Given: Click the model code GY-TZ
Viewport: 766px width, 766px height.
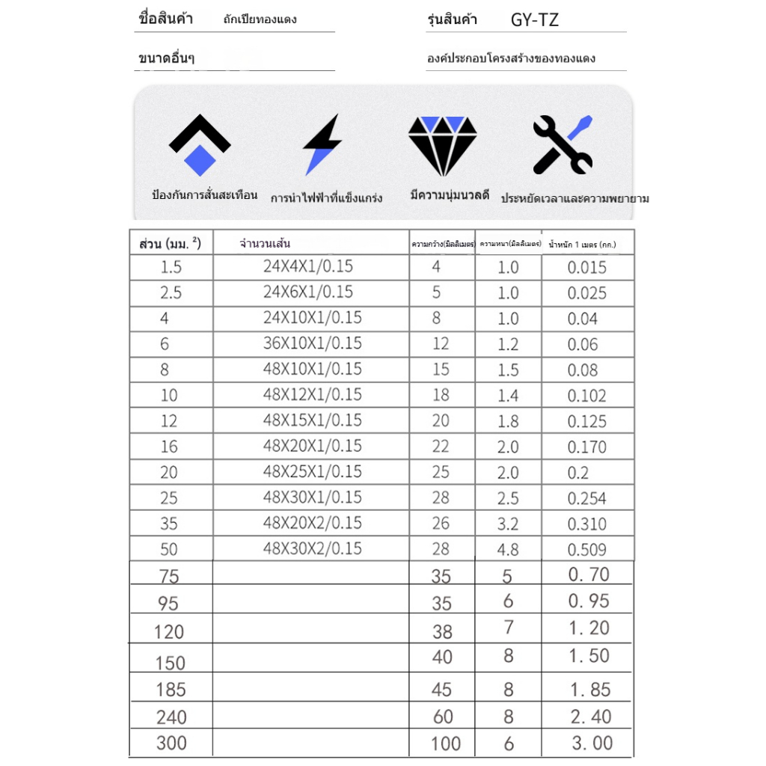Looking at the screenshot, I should pos(534,20).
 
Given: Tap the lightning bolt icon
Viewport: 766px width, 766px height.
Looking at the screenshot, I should pos(322,144).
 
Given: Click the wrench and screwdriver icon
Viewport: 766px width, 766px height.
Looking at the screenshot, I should pos(563,144).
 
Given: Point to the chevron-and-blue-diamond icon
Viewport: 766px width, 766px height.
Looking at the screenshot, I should pos(200,144).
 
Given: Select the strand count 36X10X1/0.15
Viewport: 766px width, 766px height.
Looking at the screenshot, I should pos(312,343).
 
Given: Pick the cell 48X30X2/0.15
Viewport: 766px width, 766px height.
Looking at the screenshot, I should pos(312,548).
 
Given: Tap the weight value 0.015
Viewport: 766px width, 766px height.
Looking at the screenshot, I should pos(587,268).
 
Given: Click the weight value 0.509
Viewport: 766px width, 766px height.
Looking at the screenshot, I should pos(587,550).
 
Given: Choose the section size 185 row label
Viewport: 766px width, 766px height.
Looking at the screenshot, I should pos(171,690).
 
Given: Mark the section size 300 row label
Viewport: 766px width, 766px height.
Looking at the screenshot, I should pos(171,744).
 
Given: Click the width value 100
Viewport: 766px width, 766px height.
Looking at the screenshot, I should pos(446,744).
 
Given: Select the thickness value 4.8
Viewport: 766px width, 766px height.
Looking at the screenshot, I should pos(508,550).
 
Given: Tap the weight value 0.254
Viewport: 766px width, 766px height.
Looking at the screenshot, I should pos(587,499).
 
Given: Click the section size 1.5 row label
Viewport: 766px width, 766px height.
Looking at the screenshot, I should pos(171,268).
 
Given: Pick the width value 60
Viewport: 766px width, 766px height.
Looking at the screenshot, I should pos(443,717).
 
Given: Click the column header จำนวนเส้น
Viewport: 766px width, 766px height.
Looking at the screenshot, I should pos(265,243).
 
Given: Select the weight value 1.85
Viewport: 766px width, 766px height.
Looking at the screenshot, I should pos(590,690).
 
